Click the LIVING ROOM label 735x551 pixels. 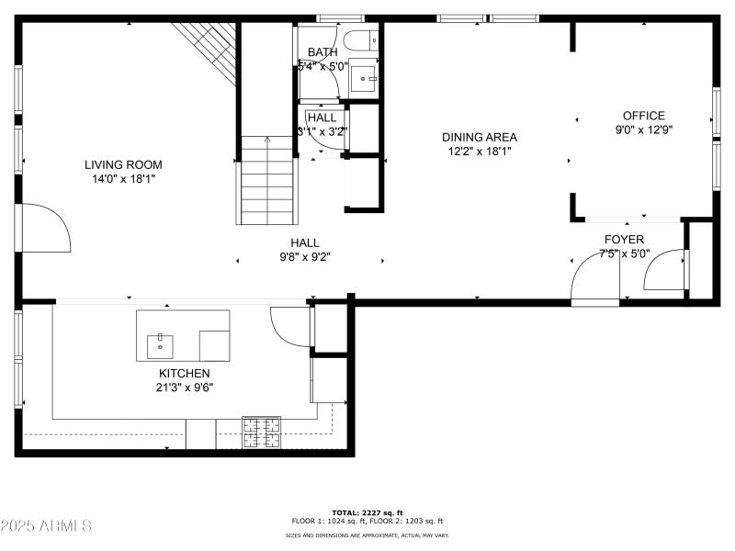123,164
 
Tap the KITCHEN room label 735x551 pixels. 185,373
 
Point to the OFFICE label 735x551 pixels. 643,116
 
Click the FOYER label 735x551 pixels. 624,240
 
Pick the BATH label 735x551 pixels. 322,52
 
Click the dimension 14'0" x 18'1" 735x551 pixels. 123,179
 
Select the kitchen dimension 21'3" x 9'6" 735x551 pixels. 185,388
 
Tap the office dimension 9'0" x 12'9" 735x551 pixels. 643,129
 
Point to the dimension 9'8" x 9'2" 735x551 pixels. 304,257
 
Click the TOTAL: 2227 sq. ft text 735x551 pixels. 367,512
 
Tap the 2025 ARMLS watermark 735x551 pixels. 46,526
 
